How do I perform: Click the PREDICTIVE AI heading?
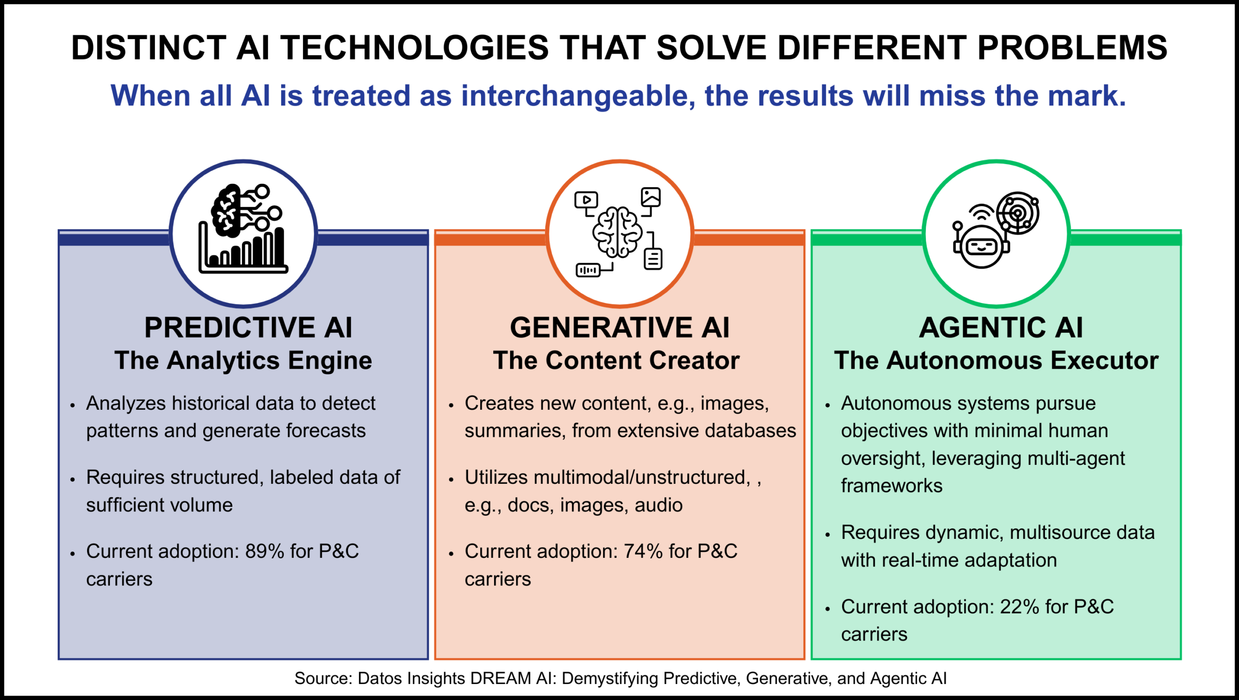(x=248, y=328)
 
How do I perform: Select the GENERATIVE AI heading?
(x=619, y=328)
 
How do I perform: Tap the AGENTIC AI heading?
(x=1000, y=328)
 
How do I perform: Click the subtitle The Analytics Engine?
(x=243, y=360)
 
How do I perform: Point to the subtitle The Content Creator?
(x=616, y=360)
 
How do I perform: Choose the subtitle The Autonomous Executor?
(x=996, y=360)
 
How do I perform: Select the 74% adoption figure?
(x=643, y=551)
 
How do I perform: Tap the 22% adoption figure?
(x=1019, y=607)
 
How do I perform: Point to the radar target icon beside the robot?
(x=1018, y=213)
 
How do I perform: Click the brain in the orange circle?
(x=618, y=232)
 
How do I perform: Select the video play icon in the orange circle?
(x=586, y=200)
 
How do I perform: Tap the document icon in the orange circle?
(x=653, y=259)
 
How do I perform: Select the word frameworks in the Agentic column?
(x=891, y=486)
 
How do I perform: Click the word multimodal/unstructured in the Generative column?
(x=642, y=477)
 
